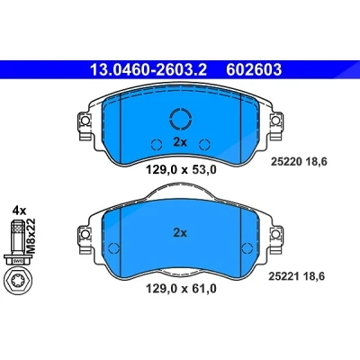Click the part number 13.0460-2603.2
click(x=148, y=70)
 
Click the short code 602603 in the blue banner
click(x=254, y=70)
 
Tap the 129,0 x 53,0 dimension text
click(x=181, y=170)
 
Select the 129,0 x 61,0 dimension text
click(x=181, y=289)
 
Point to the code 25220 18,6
click(x=299, y=162)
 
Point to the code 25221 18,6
click(x=296, y=276)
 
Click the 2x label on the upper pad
click(x=180, y=142)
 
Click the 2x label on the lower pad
click(x=180, y=233)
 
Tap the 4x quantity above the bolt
click(x=19, y=211)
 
